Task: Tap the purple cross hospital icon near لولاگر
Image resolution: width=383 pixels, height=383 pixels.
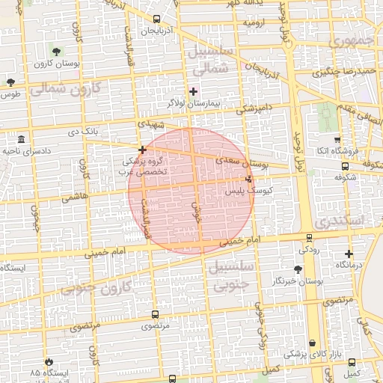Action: [193, 91]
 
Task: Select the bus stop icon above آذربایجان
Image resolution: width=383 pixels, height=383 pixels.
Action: [156, 19]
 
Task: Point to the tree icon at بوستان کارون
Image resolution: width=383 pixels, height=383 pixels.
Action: [56, 52]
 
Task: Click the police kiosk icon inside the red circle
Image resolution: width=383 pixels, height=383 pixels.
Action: [248, 179]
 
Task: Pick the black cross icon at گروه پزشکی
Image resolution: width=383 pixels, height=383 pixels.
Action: [142, 150]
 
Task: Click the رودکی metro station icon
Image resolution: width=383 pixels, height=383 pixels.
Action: [309, 238]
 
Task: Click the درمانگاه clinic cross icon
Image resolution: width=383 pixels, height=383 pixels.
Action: [349, 254]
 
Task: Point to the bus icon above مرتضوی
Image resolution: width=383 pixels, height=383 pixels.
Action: [155, 315]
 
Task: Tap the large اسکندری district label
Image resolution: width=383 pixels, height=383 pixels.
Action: [338, 221]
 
